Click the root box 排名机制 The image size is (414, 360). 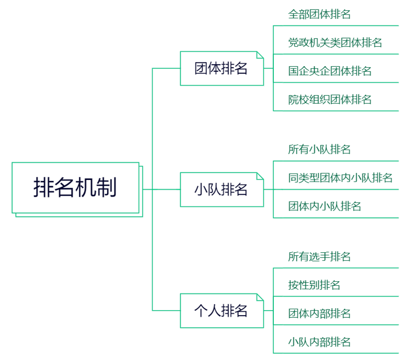(x=75, y=188)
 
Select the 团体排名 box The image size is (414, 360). (x=221, y=68)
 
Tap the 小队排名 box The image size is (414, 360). (x=221, y=190)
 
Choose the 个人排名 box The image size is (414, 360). (x=221, y=310)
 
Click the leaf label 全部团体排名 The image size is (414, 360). (x=319, y=14)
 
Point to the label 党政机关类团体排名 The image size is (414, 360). (x=335, y=43)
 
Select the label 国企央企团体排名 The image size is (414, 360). (x=330, y=71)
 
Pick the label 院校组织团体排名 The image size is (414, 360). (x=330, y=100)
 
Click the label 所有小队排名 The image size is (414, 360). (x=319, y=149)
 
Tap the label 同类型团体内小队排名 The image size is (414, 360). (x=340, y=178)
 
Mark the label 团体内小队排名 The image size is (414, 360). (x=324, y=206)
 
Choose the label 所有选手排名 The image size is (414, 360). (x=319, y=257)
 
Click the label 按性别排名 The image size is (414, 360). (x=314, y=285)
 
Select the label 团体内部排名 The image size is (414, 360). (x=319, y=314)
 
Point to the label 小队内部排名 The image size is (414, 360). (x=319, y=342)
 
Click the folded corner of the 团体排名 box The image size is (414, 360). (x=260, y=54)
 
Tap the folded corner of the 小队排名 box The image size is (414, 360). (x=260, y=176)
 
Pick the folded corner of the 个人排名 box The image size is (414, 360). (x=260, y=297)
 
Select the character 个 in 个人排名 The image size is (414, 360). (x=202, y=310)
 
